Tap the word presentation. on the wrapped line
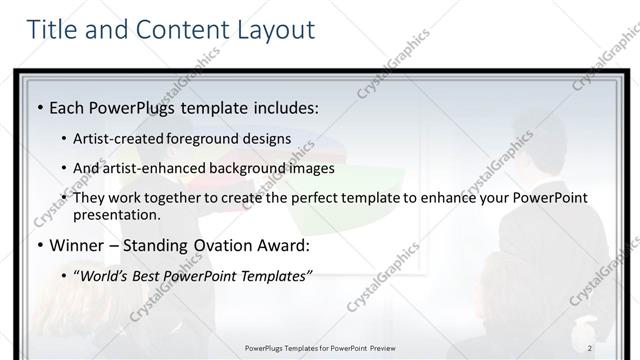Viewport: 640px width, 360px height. click(x=116, y=215)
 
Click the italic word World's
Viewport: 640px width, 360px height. click(x=104, y=275)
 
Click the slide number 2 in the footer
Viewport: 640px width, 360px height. click(x=590, y=347)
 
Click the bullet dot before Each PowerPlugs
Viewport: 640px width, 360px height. click(x=39, y=106)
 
